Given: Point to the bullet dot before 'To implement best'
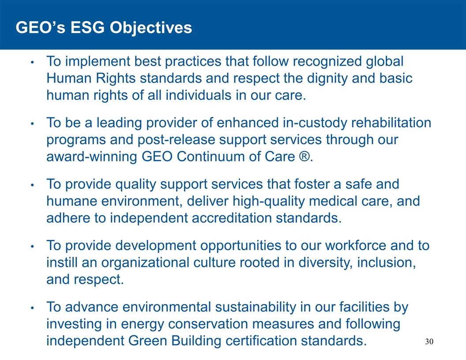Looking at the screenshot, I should (x=32, y=62).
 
